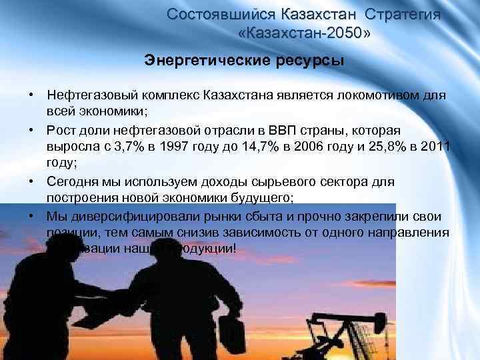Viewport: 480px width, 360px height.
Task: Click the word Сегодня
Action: coord(71,182)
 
